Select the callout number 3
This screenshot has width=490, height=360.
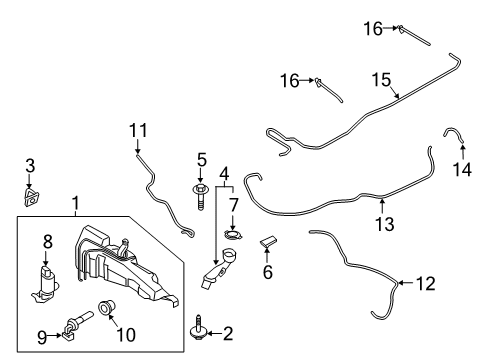[x=30, y=164]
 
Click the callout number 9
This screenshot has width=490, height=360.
[x=42, y=336]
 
